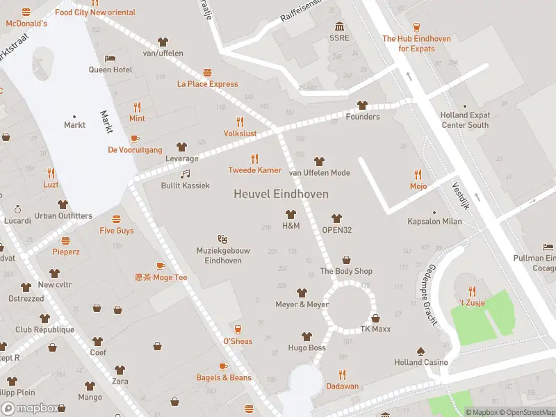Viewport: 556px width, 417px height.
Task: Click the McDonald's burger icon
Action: pos(26,12)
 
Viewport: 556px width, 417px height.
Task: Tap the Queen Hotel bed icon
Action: pos(110,58)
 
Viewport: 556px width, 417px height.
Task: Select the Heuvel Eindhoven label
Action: pos(281,195)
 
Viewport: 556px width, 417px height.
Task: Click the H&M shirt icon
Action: pos(291,215)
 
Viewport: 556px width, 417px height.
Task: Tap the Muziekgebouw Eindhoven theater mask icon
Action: pos(223,239)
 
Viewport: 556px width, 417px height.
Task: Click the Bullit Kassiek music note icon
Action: pos(185,174)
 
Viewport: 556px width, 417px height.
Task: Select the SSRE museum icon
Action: pos(339,26)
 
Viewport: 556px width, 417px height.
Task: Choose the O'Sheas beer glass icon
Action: pos(238,329)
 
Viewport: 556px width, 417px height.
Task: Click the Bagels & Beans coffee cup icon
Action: pos(223,366)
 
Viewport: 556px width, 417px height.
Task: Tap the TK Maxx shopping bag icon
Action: pos(376,318)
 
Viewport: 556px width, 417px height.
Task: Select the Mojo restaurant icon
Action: pos(418,174)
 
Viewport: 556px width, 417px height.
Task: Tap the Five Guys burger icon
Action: pos(116,219)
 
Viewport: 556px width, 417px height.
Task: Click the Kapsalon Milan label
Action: pos(434,222)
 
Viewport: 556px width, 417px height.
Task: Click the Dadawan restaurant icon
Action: pos(342,375)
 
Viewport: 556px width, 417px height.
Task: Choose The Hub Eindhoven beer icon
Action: pos(416,27)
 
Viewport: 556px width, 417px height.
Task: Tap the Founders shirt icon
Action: pos(362,105)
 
